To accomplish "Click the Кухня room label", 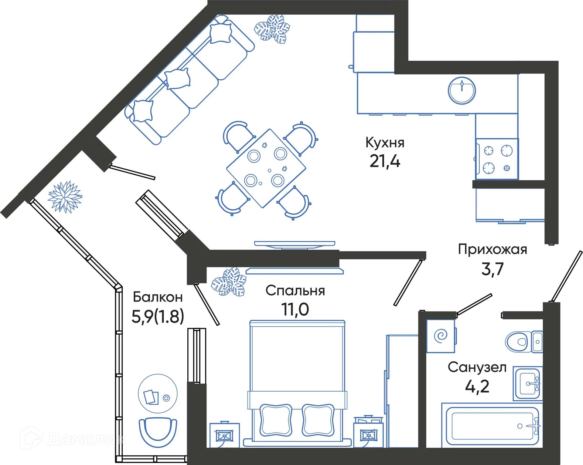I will point(385,143).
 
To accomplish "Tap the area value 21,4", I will point(385,161).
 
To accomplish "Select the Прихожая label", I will point(492,249).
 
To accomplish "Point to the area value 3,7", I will point(492,269).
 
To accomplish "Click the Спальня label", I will point(295,291).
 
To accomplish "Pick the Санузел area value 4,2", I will point(477,386).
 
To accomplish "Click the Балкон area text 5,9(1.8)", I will point(158,317).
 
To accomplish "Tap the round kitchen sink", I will point(462,90).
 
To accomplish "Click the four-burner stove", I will point(497,159).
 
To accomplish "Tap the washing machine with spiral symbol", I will point(441,336).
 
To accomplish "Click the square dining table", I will point(266,168).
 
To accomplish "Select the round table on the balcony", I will point(158,393).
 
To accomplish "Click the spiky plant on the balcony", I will point(65,197).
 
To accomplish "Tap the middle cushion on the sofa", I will point(178,79).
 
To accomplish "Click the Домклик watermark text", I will point(87,439).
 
